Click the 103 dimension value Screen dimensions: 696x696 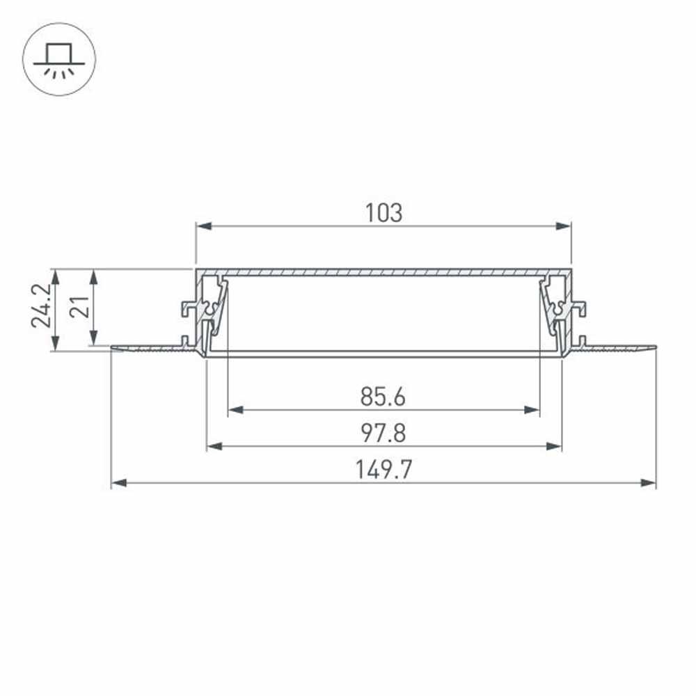point(383,213)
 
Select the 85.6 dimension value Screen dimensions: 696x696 point(383,397)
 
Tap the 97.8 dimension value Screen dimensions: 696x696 point(383,433)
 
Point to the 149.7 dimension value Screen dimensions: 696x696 point(383,470)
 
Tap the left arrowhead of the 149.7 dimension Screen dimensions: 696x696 point(118,482)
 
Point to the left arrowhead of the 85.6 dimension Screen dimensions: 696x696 point(234,410)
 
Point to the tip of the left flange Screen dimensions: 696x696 point(113,347)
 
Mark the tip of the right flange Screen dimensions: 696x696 point(654,346)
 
